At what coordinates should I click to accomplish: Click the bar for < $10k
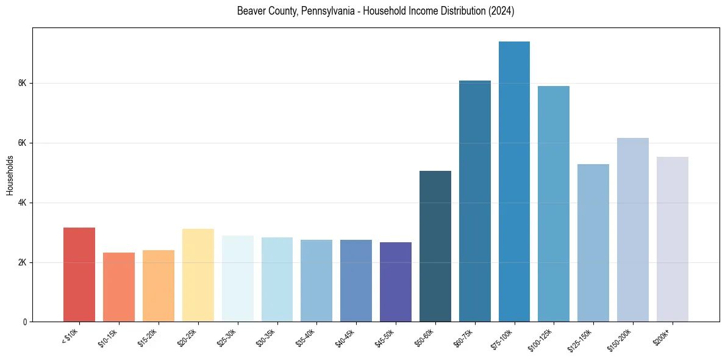pos(79,275)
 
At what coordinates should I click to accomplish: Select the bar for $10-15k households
pos(119,287)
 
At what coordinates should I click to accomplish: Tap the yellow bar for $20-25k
pos(198,275)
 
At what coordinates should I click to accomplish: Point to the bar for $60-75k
pos(475,201)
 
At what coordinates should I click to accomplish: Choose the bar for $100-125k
pos(554,204)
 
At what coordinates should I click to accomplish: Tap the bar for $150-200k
pos(633,229)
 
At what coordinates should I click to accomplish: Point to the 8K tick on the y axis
pos(24,83)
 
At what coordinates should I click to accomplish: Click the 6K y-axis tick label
pos(24,143)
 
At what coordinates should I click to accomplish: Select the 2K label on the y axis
pos(24,262)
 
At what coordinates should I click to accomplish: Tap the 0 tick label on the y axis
pos(26,322)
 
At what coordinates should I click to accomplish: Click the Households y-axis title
pos(10,175)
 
